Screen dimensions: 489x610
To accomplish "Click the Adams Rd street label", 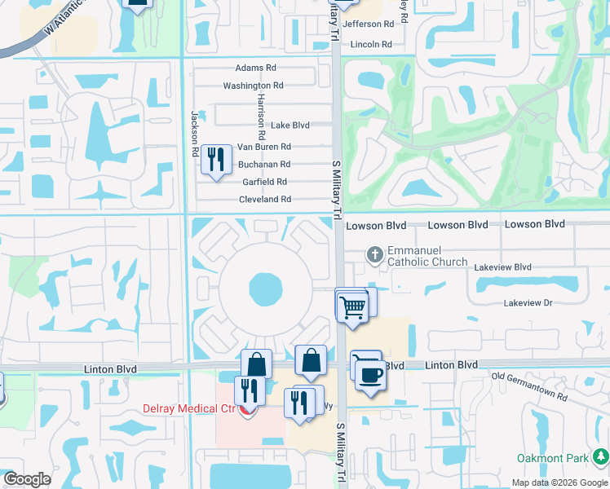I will coord(255,68).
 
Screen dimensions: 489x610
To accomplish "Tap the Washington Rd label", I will coord(253,86).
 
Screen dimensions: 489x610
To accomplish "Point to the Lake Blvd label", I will coord(290,126).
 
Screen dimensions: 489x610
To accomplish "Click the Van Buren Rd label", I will coord(263,148).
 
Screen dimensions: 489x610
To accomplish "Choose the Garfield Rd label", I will coord(264,182).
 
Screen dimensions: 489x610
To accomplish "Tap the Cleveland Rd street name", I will coord(265,200).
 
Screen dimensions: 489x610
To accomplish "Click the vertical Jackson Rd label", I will coord(196,134).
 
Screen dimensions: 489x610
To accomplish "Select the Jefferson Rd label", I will coord(368,24).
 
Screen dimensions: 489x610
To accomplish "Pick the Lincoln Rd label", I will coord(371,44).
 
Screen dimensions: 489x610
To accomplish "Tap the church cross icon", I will coord(374,255).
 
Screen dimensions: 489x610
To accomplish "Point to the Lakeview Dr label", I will coord(528,302).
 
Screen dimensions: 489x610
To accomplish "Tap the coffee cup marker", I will coord(371,375).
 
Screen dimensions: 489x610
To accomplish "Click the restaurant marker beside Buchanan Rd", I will coord(216,157).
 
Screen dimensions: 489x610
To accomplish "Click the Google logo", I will coord(28,479).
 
